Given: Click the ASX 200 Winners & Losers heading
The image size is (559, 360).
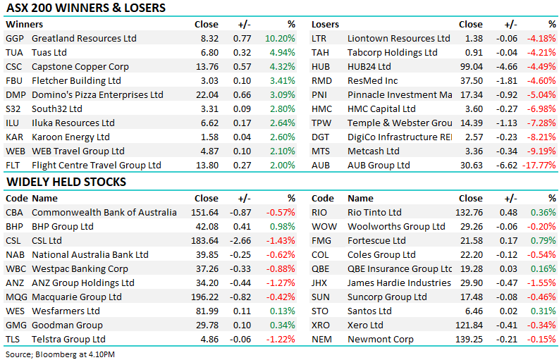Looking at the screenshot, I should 85,8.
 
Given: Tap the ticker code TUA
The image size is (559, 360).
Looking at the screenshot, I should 15,53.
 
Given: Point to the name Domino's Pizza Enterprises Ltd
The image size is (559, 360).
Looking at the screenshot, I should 97,95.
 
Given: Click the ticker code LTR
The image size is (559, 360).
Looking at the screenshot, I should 321,39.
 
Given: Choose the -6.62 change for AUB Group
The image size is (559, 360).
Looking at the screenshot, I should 508,166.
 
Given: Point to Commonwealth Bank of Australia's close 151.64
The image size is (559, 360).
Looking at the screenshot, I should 204,213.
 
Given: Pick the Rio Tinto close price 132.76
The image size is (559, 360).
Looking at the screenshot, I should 468,213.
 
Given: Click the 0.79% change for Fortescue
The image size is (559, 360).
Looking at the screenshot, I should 543,241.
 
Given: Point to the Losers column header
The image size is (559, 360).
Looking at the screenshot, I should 326,24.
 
